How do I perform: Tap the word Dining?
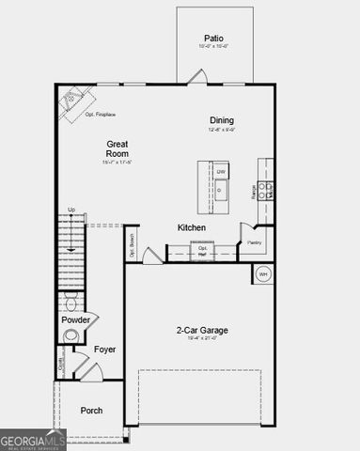pos(222,120)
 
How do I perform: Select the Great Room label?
pos(117,149)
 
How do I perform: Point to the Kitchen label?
pos(192,227)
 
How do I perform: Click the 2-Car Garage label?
pos(202,330)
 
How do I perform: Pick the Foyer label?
pos(104,350)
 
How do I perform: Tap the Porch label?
pos(91,411)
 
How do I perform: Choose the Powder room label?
pos(75,319)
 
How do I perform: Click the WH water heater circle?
pos(263,274)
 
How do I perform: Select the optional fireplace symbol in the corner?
pos(73,101)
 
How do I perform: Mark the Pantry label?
pos(254,242)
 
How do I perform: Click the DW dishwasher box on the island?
pos(221,172)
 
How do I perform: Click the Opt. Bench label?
pos(133,244)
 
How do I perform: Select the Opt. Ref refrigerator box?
pos(202,250)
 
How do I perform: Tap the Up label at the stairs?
pos(71,210)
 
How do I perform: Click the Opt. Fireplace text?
pos(100,115)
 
